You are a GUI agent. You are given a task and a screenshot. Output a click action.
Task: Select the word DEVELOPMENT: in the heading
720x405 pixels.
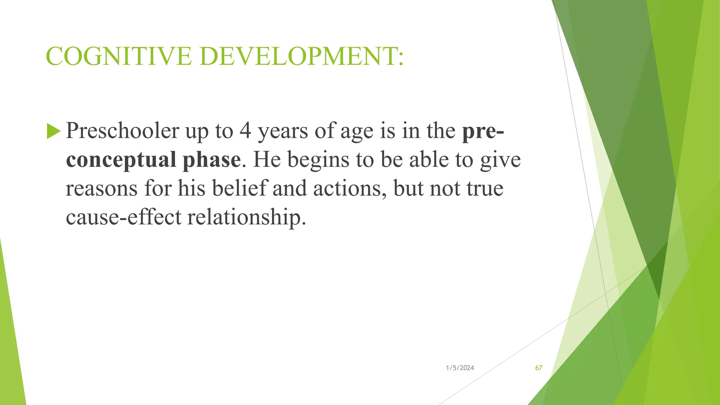pos(302,56)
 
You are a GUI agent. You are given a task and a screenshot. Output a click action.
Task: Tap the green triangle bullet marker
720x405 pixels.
pos(53,131)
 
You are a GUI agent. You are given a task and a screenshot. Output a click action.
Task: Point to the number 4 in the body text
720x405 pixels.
pos(245,130)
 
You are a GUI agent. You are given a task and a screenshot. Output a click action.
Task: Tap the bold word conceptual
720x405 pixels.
pos(121,160)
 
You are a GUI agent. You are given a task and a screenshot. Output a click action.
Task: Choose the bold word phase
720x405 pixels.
pos(211,160)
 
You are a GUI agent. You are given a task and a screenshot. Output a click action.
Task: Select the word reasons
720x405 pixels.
pos(102,188)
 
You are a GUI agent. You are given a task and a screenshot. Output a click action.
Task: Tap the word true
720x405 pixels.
pos(485,188)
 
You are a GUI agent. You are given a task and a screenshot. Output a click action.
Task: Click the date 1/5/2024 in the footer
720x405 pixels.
pos(460,368)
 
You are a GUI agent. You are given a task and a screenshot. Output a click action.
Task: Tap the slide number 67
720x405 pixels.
pos(539,368)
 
